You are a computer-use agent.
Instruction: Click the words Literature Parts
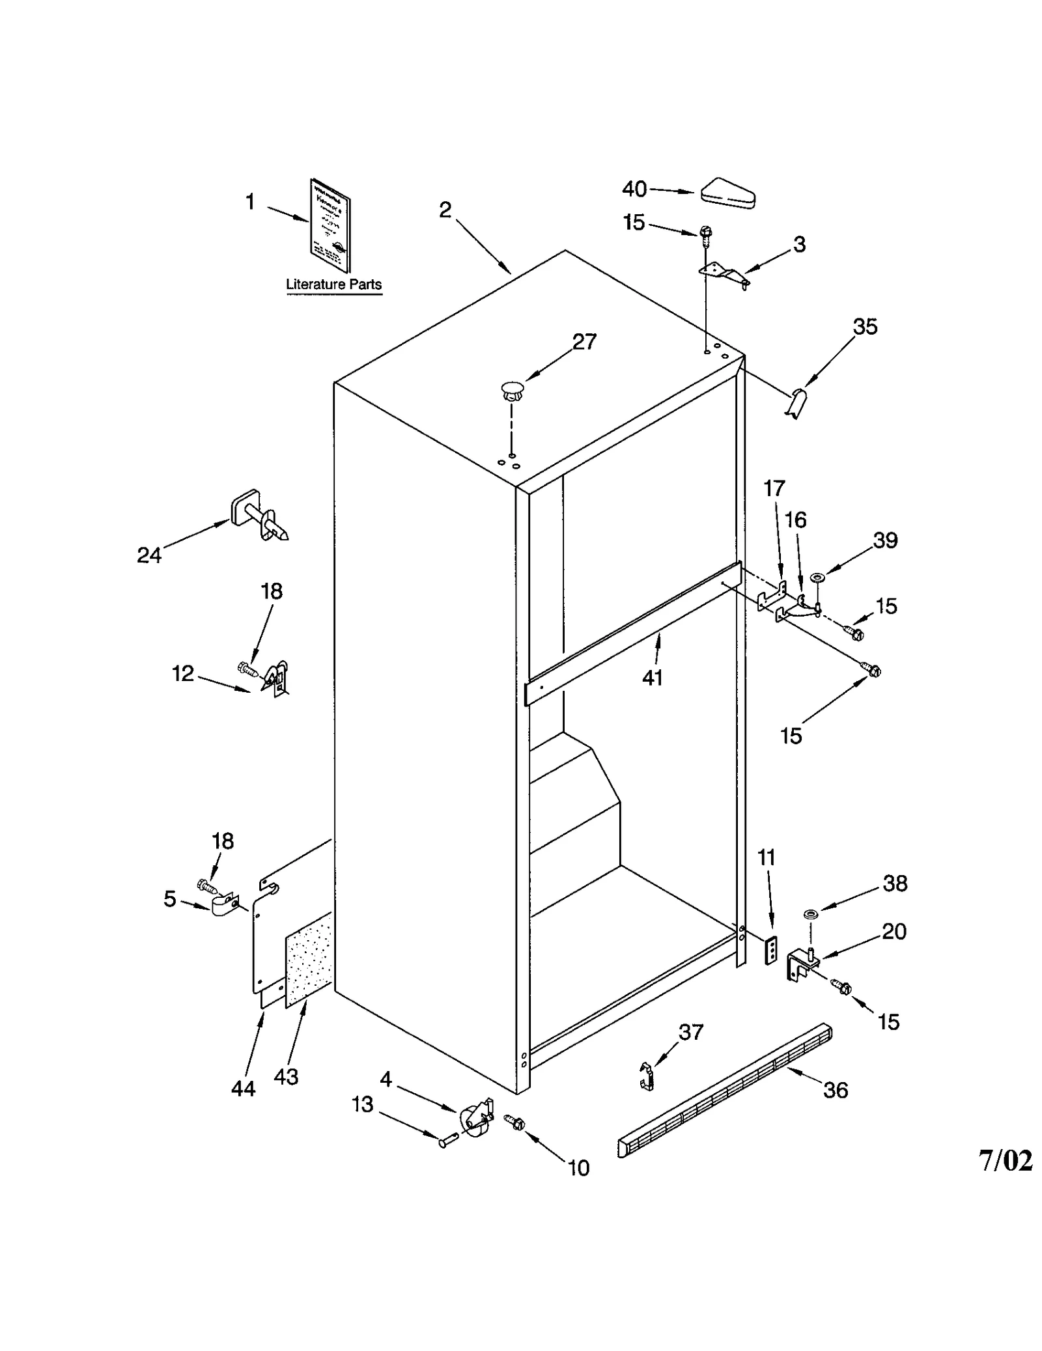(x=333, y=285)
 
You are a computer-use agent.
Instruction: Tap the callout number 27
(x=584, y=342)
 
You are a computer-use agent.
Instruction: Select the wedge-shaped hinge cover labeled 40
(x=727, y=193)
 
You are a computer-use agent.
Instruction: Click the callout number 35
(x=864, y=326)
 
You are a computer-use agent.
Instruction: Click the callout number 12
(x=183, y=673)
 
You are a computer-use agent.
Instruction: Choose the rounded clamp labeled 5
(x=225, y=906)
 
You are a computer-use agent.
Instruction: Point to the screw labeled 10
(x=514, y=1121)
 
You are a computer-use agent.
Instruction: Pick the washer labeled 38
(x=810, y=915)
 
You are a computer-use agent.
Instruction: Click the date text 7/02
(x=1005, y=1160)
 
